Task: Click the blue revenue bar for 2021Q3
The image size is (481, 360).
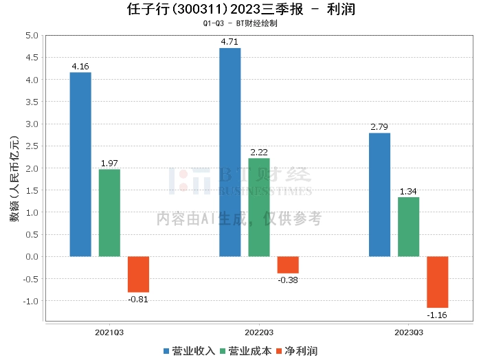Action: coord(80,164)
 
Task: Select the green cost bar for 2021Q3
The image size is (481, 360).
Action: coord(109,213)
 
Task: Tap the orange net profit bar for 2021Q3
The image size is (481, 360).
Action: coord(138,274)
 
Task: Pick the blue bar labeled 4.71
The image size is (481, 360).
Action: coord(230,152)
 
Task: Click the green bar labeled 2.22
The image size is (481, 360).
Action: coord(259,207)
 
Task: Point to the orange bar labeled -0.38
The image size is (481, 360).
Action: coord(288,265)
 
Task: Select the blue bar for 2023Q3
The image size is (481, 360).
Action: coord(379,194)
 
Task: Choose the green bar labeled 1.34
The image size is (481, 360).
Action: coord(408,227)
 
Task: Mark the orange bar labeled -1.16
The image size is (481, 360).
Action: coord(437,282)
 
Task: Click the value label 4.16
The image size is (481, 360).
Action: coord(80,67)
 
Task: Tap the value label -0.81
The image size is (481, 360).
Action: coord(138,299)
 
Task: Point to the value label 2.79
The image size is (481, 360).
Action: coord(379,127)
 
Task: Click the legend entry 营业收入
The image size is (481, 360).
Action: coord(190,351)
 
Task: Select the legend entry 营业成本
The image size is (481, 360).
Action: coord(245,351)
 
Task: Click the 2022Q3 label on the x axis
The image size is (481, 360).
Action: coord(259,332)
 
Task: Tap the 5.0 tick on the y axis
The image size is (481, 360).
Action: coord(32,35)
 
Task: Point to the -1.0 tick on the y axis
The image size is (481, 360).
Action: coord(30,301)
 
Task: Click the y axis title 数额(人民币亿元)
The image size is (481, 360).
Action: coord(13,179)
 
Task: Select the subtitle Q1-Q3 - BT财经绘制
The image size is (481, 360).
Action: coord(240,23)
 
